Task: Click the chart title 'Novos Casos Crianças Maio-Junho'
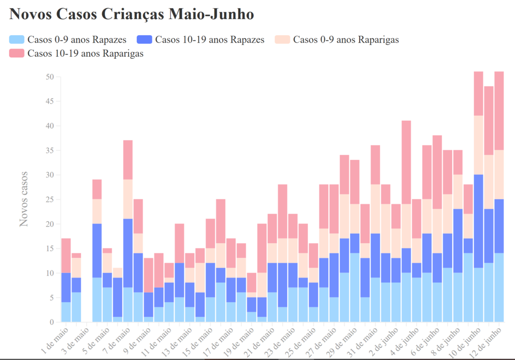(131, 14)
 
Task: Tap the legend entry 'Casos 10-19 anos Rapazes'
(201, 40)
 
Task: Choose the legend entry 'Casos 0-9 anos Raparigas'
(336, 40)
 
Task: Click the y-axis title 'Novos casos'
(24, 199)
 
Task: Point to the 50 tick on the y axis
(49, 77)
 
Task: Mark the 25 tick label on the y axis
(49, 200)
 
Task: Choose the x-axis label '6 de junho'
(427, 340)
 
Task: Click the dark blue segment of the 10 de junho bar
(479, 221)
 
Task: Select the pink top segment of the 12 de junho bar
(499, 111)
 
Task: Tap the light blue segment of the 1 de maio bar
(66, 312)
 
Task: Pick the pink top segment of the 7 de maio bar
(128, 160)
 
